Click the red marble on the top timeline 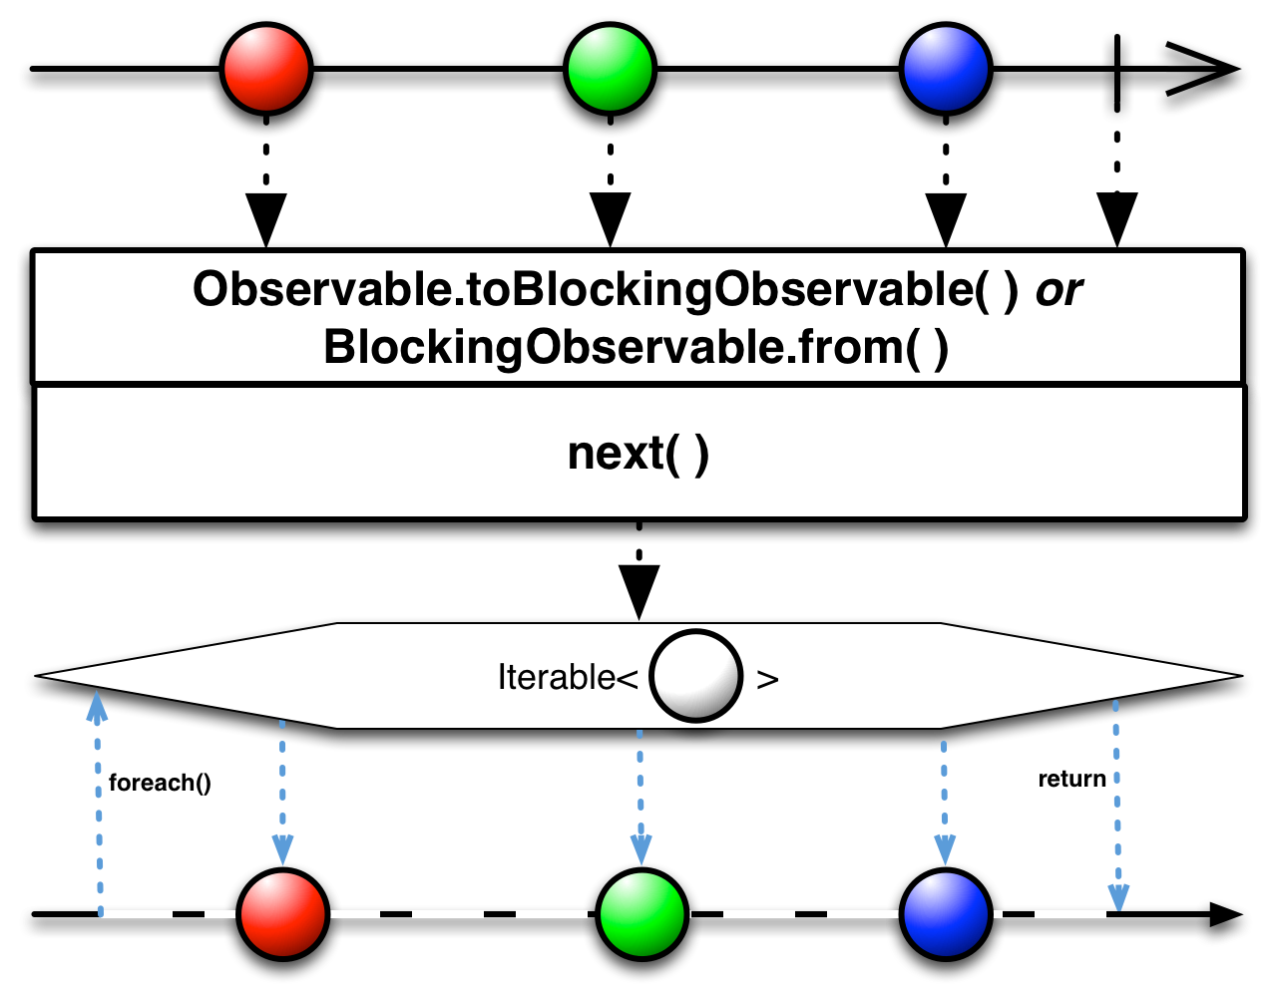click(266, 70)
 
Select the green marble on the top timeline click(610, 70)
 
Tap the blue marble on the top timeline click(945, 70)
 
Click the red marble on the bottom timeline click(283, 914)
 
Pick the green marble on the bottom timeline click(641, 914)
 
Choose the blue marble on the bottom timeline click(945, 914)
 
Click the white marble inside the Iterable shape click(695, 676)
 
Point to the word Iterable click(556, 678)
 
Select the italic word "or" click(1059, 290)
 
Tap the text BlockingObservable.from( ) click(637, 348)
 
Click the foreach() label click(160, 783)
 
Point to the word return click(1072, 780)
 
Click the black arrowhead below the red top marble click(266, 214)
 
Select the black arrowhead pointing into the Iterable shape click(638, 590)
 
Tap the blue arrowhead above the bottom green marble click(641, 848)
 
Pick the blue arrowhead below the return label click(1118, 896)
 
